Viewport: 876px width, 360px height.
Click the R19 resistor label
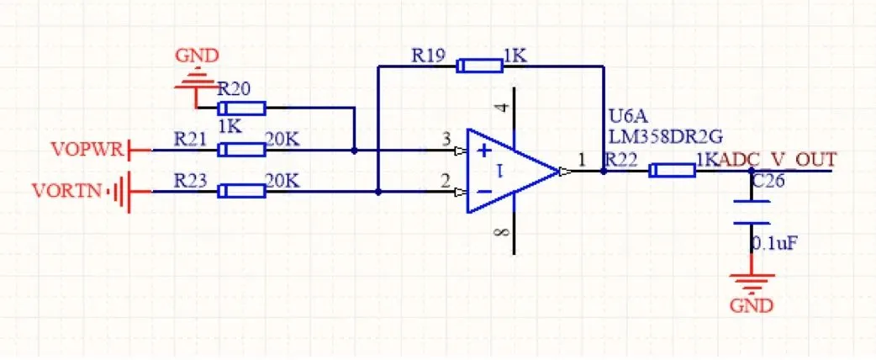(427, 56)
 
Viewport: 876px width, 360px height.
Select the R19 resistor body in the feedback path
(479, 66)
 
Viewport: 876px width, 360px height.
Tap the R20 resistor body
(242, 108)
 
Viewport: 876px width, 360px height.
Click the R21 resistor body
(242, 150)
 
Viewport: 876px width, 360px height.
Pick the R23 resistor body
(242, 192)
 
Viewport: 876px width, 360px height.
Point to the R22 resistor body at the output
(673, 171)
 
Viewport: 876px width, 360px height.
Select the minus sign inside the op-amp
(484, 192)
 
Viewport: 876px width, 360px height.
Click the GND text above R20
(197, 56)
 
